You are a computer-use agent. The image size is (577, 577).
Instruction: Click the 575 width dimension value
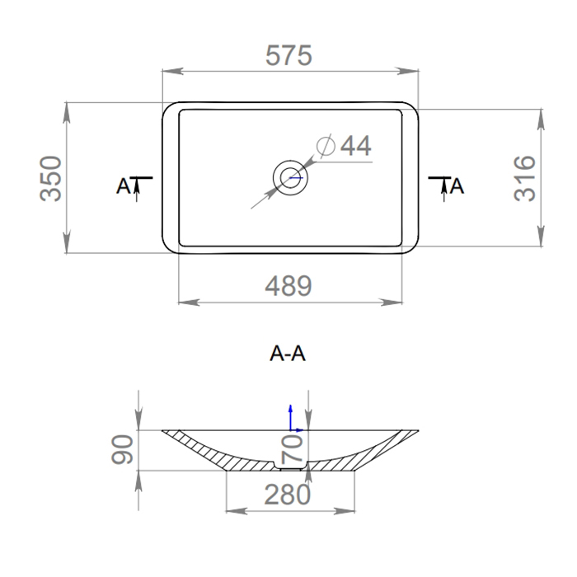click(288, 56)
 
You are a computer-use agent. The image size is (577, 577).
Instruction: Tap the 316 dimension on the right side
click(525, 177)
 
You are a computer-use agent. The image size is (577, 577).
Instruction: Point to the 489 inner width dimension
click(288, 286)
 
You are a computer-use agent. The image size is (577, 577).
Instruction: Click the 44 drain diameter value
click(355, 146)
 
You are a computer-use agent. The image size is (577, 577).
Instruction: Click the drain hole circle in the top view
click(289, 176)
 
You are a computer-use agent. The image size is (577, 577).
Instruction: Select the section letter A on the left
click(123, 186)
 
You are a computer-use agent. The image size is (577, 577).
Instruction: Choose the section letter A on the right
click(458, 186)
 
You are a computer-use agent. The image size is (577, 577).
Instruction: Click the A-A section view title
click(288, 354)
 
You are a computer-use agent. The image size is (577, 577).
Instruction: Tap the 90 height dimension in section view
click(123, 450)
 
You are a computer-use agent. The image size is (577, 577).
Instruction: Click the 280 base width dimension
click(288, 495)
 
